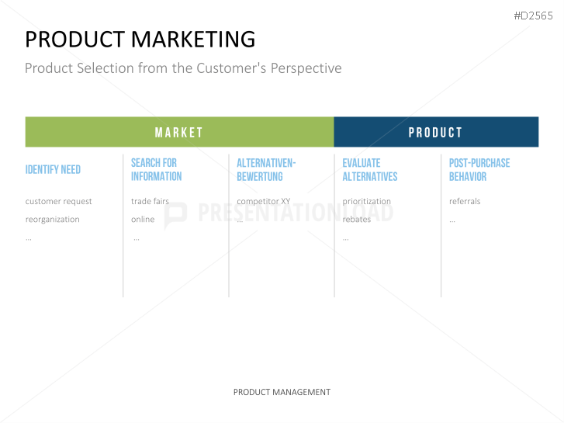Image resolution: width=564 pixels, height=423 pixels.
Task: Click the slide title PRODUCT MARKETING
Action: [140, 39]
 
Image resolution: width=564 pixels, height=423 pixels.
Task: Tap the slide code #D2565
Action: [533, 16]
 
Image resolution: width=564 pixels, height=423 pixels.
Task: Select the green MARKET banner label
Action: [178, 133]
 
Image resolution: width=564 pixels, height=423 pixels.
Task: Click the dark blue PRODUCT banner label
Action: [435, 133]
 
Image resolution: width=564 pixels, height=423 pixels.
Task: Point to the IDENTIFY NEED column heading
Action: [53, 169]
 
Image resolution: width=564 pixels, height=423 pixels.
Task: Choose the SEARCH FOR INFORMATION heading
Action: [156, 169]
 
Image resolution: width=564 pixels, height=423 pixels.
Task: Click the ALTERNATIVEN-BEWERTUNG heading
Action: [266, 169]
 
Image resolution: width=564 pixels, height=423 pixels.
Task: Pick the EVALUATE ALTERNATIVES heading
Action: [370, 169]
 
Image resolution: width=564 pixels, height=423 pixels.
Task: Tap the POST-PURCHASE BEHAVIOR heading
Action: [479, 169]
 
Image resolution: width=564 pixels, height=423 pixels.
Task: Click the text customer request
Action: [59, 201]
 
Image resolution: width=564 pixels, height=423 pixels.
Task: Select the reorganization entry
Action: [53, 219]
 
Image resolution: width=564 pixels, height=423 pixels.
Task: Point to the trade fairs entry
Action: [150, 201]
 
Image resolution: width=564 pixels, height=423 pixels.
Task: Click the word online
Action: [143, 219]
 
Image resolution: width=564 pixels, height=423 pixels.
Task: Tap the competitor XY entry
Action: [263, 201]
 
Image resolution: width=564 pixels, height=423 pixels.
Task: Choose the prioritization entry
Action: [366, 201]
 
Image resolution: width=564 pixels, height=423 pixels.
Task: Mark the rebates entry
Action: [356, 219]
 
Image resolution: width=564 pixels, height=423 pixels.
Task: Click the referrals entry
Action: [465, 201]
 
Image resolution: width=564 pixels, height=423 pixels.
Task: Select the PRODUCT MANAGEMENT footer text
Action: [282, 392]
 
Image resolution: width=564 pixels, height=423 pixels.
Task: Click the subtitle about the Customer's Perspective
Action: [183, 68]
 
